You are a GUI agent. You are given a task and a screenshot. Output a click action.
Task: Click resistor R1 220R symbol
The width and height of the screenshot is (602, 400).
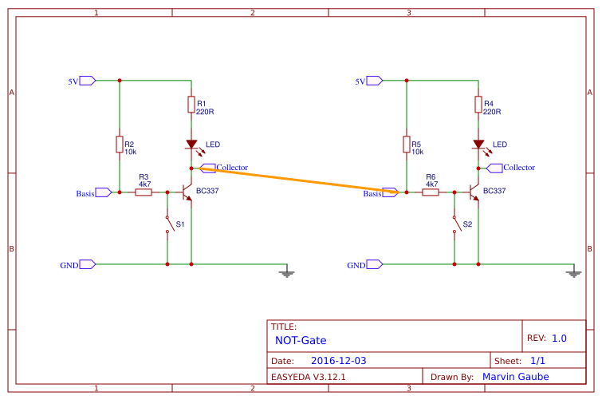coord(191,105)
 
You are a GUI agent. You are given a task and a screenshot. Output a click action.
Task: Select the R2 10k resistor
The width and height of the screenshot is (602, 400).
coord(120,145)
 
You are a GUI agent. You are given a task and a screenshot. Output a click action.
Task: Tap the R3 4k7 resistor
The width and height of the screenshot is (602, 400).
coord(144,192)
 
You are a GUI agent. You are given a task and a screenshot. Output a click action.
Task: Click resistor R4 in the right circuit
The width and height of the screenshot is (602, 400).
coord(478,105)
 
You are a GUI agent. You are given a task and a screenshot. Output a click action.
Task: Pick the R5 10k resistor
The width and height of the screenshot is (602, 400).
coord(407,145)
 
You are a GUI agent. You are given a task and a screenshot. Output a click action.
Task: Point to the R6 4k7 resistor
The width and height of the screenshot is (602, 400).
coord(431,192)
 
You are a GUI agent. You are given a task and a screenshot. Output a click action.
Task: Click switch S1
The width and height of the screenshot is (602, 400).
coord(167,224)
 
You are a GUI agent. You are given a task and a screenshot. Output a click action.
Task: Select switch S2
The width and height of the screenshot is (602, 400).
coord(454,224)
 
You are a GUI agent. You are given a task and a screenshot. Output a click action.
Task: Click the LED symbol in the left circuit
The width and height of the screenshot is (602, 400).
coord(191,145)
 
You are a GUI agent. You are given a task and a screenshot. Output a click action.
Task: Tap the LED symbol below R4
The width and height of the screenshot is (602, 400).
coord(478,145)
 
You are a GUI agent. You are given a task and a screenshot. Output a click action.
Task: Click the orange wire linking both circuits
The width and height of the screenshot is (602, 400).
coord(295,180)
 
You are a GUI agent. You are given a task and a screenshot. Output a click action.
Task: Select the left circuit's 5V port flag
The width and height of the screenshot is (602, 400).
coord(87,81)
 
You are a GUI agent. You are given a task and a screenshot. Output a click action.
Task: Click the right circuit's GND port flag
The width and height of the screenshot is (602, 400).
coord(374,264)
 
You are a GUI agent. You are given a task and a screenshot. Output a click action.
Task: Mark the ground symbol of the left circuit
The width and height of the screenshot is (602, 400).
coord(287,273)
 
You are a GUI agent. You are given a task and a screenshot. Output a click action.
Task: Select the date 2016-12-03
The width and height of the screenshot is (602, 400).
coord(338,361)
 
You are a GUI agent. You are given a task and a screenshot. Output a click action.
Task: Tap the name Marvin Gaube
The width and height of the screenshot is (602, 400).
coord(516,377)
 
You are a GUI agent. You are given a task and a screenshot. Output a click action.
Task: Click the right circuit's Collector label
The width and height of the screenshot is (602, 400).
coord(518,168)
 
